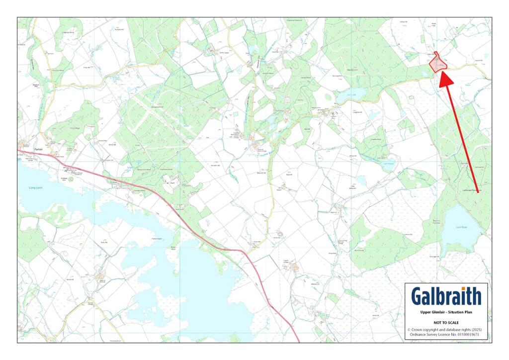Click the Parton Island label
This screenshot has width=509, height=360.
pos(157,239)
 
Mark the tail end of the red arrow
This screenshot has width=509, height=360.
pos(478,192)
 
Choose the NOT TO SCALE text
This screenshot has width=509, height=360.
pos(446,322)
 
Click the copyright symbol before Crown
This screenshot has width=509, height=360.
pos(409,329)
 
